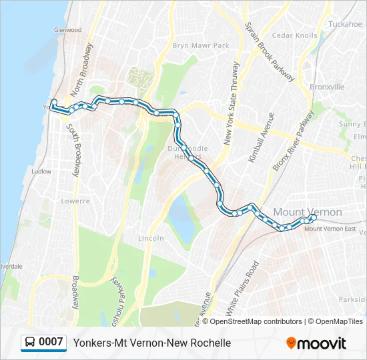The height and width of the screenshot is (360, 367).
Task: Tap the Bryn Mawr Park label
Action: [x=201, y=45]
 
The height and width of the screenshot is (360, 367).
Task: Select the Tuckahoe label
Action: [x=345, y=24]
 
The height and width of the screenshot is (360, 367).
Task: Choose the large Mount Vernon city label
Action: [x=308, y=212]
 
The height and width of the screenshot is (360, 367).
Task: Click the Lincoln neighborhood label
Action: [x=151, y=238]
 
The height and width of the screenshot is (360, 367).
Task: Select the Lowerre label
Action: [x=75, y=201]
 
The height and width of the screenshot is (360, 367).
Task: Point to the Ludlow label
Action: [x=41, y=171]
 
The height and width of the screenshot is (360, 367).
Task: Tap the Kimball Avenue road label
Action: [x=261, y=137]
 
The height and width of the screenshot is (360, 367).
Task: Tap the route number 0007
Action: [x=51, y=343]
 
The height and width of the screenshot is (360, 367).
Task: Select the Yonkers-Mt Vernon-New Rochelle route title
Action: [x=152, y=343]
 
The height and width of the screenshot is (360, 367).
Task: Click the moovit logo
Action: [x=316, y=343]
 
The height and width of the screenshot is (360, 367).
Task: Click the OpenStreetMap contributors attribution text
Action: [x=255, y=321]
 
